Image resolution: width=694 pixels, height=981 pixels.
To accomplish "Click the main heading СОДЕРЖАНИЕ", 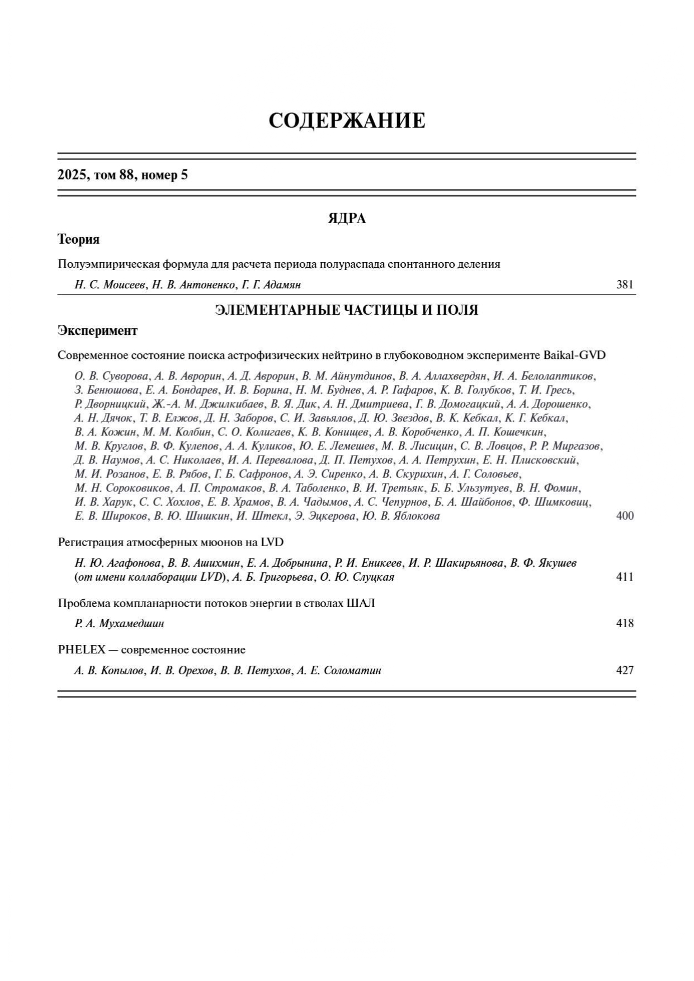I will point(347,121).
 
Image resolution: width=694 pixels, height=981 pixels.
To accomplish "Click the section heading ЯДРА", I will point(347,219).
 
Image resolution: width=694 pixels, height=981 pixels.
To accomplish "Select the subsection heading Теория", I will point(79,240).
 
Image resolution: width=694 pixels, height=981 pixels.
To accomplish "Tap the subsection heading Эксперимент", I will point(98,331).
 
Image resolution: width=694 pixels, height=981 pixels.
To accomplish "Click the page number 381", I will point(625,285).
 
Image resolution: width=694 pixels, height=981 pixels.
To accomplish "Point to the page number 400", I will point(625,516).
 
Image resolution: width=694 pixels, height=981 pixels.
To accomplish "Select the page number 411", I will point(625,577).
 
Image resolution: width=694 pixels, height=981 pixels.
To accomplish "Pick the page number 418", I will point(625,623).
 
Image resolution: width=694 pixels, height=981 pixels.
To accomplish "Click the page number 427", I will point(625,670).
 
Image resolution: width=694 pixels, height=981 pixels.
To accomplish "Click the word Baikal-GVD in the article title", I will point(574,355).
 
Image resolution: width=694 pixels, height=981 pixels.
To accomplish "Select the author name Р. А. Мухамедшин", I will point(119,623).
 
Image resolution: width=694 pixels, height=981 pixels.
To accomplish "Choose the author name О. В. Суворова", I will point(111,376).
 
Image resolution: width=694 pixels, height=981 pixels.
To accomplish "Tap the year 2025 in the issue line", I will point(71,176).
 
